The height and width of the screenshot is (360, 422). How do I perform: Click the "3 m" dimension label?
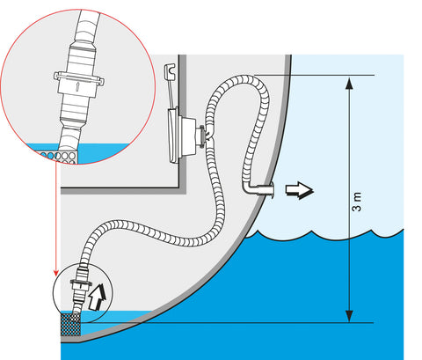(x=357, y=202)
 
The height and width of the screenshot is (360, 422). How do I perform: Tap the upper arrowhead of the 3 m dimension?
(x=349, y=84)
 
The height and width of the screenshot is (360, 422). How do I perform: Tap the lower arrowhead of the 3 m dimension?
(x=349, y=316)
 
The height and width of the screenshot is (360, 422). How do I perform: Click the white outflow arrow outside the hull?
(x=300, y=190)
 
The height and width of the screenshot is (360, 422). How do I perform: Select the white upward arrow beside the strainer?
(x=98, y=297)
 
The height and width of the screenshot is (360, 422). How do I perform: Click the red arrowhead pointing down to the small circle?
(x=56, y=273)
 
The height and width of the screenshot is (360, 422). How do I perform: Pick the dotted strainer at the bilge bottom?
(x=70, y=325)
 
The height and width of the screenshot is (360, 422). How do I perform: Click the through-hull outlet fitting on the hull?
(x=266, y=189)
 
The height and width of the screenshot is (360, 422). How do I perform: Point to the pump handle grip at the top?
(x=170, y=71)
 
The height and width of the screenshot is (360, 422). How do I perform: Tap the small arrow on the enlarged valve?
(x=77, y=86)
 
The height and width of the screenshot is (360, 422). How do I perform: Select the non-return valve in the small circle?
(x=81, y=285)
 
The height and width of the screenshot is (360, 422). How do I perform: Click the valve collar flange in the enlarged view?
(x=79, y=78)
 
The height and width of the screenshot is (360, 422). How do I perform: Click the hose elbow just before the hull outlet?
(x=248, y=187)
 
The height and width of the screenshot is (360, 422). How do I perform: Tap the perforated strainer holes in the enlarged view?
(x=59, y=157)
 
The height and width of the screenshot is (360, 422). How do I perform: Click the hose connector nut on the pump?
(x=202, y=135)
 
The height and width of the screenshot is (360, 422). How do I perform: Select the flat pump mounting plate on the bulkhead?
(x=173, y=135)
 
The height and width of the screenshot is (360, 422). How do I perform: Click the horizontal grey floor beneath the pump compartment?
(x=123, y=190)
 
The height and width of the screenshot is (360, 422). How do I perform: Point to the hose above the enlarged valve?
(x=87, y=26)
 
